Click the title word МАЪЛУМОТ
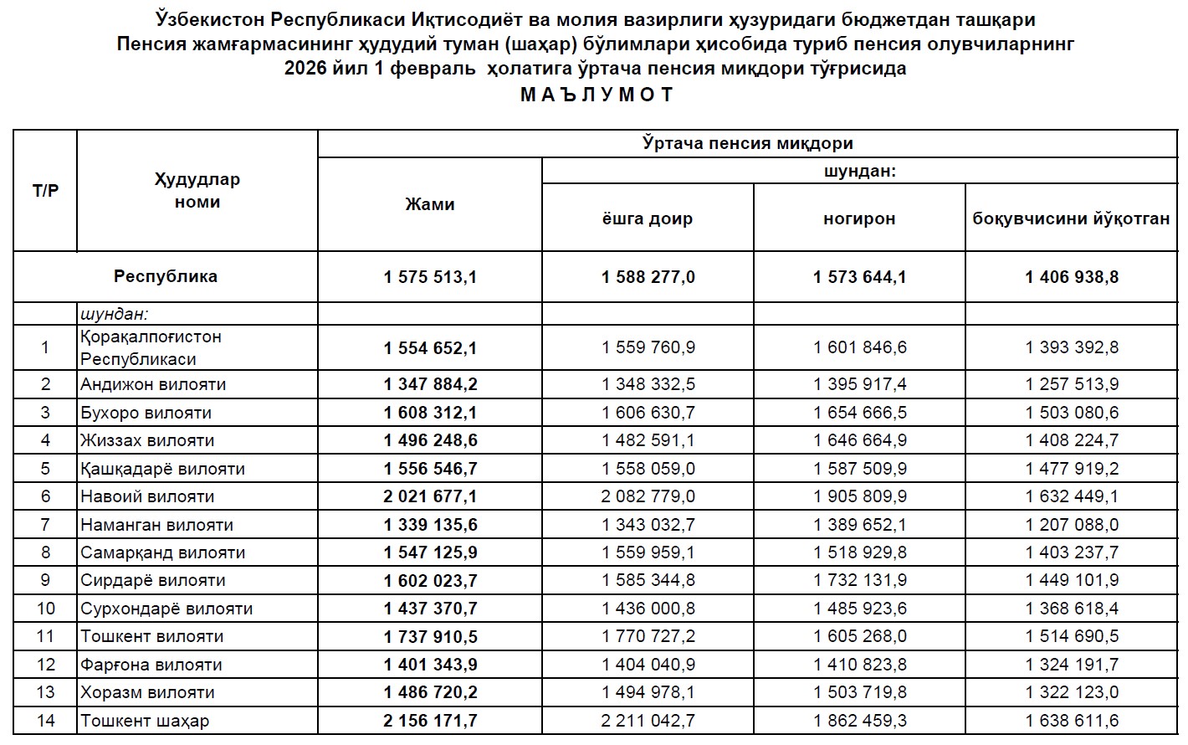(597, 95)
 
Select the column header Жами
(430, 204)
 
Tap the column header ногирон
(859, 218)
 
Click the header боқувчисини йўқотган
(1071, 218)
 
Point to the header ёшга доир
(648, 218)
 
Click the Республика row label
(166, 276)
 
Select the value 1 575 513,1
(430, 277)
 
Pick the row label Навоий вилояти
(147, 496)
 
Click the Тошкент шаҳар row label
(145, 721)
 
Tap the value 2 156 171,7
(430, 721)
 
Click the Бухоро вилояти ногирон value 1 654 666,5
(859, 413)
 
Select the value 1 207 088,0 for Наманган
(1072, 525)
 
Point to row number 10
(45, 609)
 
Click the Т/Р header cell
(45, 191)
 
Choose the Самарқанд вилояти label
(162, 552)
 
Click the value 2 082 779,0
(648, 496)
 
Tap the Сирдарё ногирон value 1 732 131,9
(859, 580)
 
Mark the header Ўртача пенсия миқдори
(748, 143)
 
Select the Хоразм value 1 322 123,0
(1072, 692)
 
